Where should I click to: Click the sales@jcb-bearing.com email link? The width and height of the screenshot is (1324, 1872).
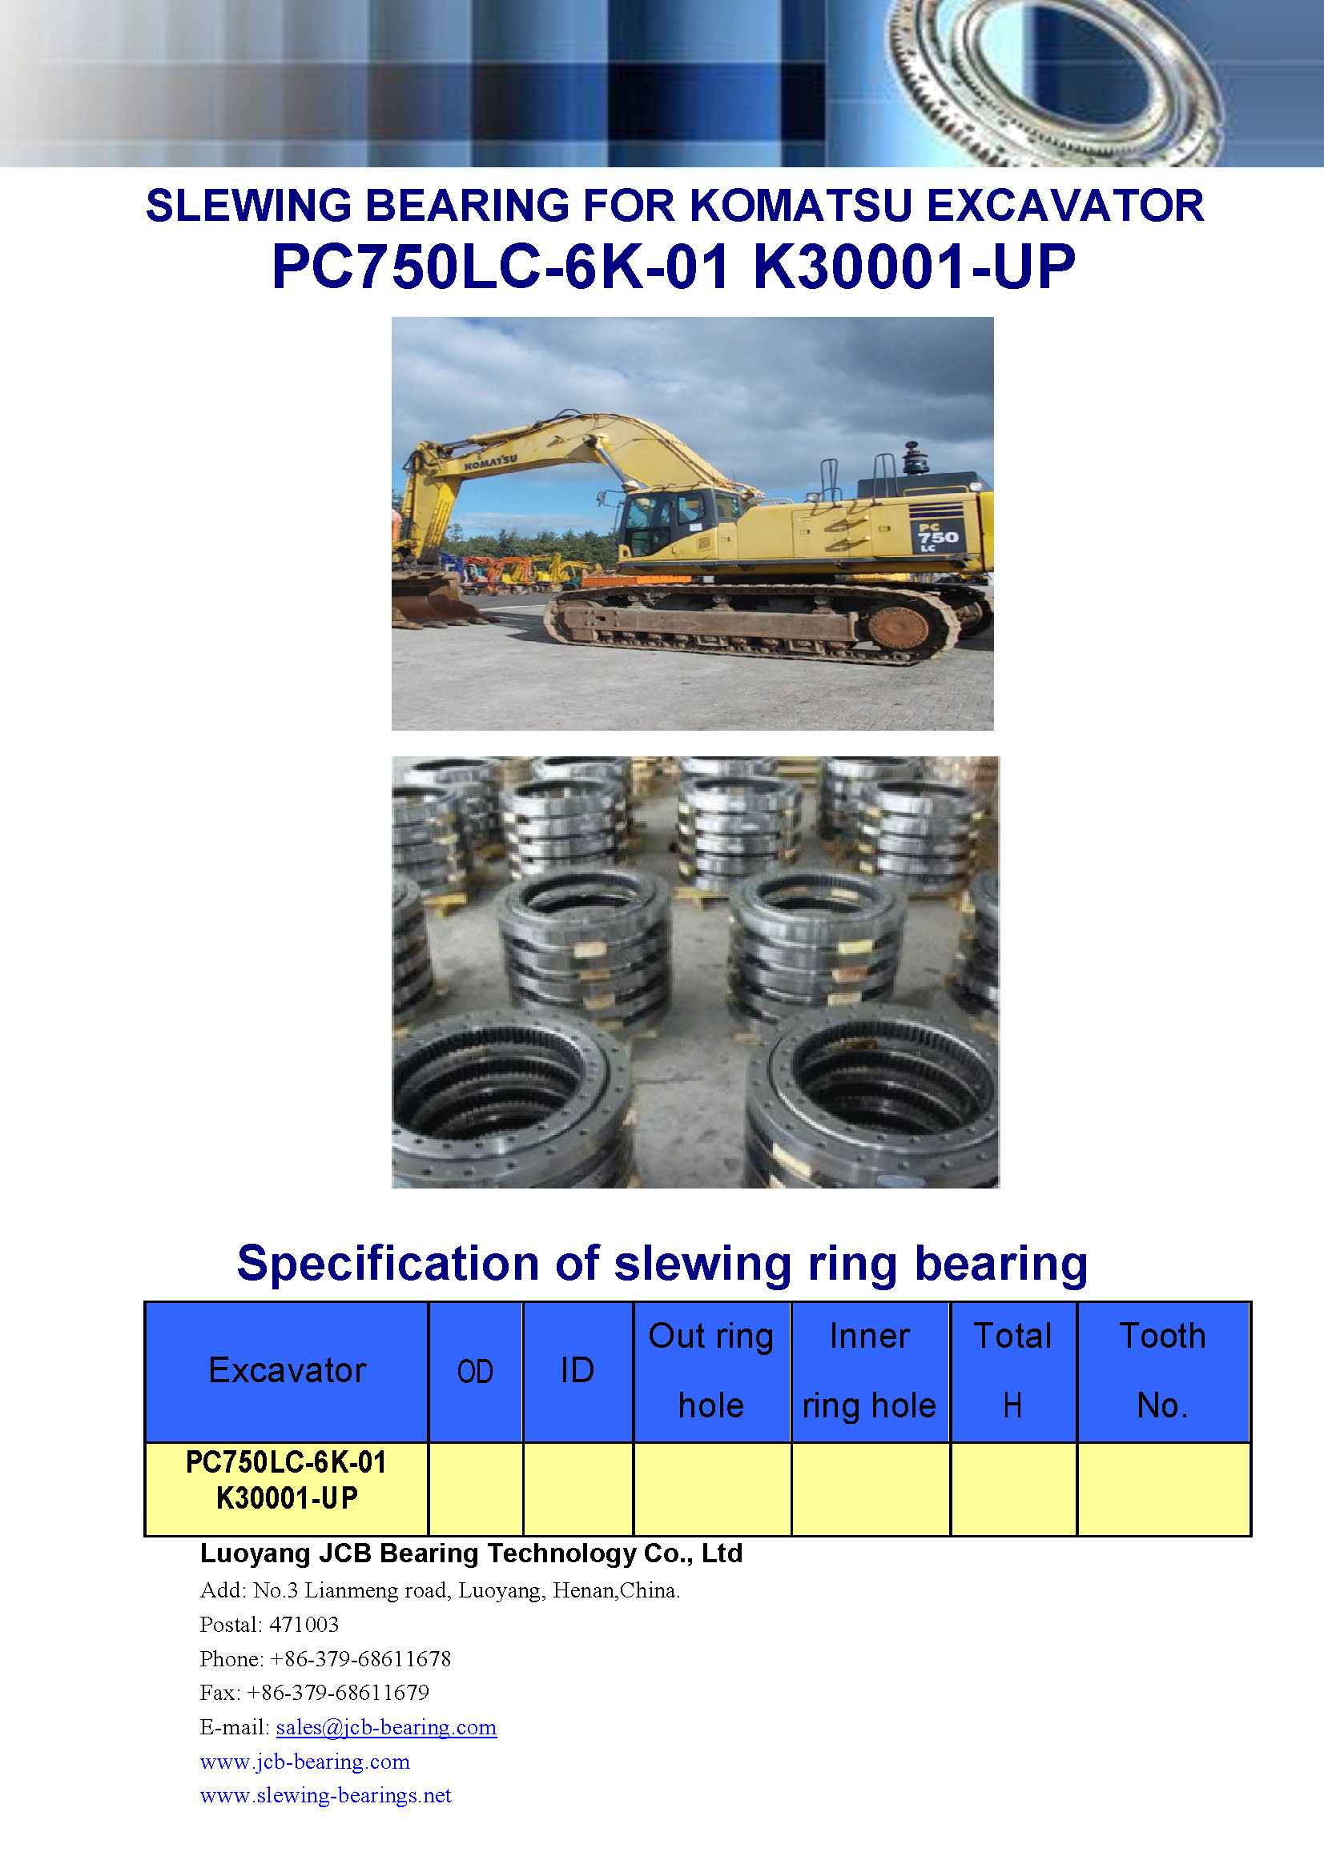pos(386,1727)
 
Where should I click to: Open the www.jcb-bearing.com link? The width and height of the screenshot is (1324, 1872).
pos(304,1761)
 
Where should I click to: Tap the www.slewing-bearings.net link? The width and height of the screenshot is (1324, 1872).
pos(325,1794)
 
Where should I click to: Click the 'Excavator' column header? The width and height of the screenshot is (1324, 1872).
pos(288,1370)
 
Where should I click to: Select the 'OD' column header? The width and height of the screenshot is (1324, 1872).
pos(476,1372)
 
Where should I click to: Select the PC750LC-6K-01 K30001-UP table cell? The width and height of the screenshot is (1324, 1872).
pos(286,1489)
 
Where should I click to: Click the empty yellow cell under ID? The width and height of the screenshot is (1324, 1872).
pos(577,1489)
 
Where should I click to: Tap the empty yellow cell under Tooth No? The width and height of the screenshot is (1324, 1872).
pos(1163,1489)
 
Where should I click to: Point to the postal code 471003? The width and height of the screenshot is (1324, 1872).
pos(304,1625)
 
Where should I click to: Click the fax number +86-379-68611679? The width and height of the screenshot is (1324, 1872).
pos(338,1693)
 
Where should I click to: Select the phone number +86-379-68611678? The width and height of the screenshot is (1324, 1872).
pos(360,1658)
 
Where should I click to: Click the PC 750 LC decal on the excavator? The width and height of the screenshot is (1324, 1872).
pos(936,536)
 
